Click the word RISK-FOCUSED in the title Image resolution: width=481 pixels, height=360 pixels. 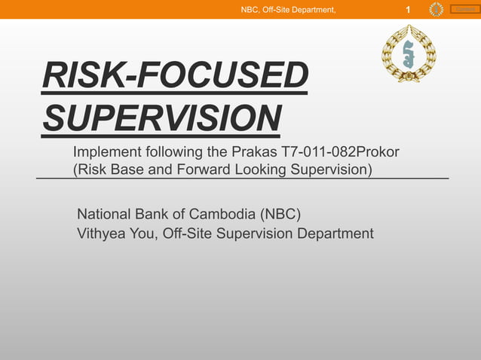(x=176, y=78)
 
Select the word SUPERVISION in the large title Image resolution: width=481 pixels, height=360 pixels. (x=162, y=118)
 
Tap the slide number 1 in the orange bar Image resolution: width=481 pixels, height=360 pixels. (x=408, y=10)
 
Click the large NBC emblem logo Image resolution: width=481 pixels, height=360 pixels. (x=408, y=53)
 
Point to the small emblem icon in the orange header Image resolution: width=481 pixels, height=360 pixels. (x=436, y=9)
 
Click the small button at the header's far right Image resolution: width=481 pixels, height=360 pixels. (x=464, y=9)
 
